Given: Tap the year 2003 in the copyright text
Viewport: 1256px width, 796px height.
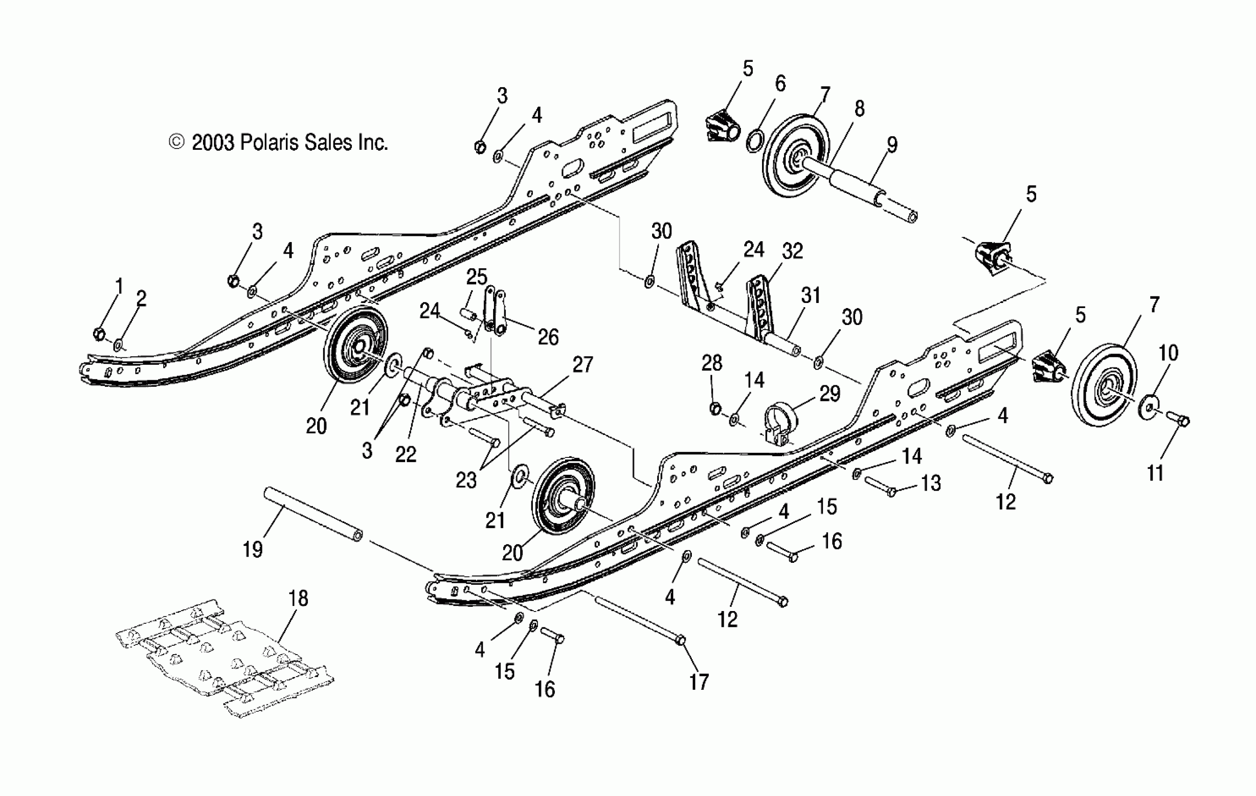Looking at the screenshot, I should point(213,142).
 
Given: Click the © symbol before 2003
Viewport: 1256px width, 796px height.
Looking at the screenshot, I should point(177,142).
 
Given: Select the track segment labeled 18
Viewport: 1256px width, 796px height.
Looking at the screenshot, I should point(224,658).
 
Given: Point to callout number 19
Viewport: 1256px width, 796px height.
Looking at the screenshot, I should point(253,549).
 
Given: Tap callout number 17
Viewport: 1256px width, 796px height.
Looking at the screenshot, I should point(699,682).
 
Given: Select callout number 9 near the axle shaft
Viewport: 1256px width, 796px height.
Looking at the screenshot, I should point(892,145).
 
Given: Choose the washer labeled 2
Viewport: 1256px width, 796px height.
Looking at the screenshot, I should point(118,345).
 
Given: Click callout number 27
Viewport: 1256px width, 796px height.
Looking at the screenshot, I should point(582,364).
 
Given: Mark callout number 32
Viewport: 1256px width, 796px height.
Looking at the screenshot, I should point(792,251).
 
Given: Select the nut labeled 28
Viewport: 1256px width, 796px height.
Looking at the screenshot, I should point(716,408).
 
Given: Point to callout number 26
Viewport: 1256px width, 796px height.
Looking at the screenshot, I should point(548,337).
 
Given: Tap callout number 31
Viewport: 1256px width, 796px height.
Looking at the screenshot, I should point(811,295).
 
